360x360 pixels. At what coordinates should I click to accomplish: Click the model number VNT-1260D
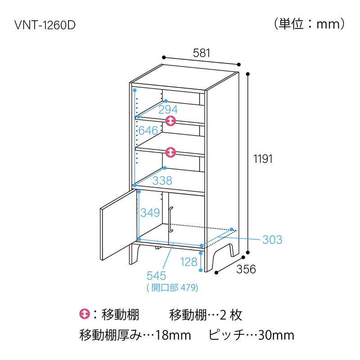45,25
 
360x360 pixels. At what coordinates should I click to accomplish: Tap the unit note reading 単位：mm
309,24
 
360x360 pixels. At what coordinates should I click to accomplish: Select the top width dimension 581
201,53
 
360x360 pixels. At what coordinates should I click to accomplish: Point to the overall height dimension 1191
263,159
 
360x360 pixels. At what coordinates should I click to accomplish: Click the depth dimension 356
246,269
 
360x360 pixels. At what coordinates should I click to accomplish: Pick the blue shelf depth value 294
168,109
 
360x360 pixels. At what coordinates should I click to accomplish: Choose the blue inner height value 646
148,130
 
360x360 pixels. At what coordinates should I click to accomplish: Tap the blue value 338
162,180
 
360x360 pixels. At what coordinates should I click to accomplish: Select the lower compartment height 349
150,212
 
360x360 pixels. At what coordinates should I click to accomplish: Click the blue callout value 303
272,240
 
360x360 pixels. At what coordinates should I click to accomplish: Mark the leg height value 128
189,262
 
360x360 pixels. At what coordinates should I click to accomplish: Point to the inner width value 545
156,276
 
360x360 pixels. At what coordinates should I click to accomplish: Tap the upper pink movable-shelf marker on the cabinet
171,121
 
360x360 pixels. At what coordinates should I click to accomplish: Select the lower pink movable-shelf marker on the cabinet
171,152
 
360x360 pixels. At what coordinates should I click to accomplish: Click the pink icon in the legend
85,314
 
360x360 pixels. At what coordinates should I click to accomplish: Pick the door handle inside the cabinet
171,220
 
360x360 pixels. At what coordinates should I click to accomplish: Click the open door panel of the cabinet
119,225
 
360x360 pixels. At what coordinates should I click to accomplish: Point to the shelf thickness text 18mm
173,335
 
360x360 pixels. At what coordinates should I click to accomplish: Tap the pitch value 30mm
276,335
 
